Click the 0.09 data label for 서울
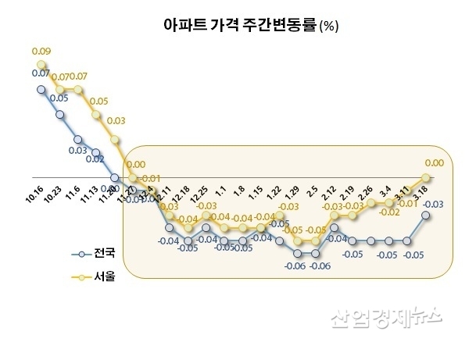[41, 52]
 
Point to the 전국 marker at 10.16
[41, 89]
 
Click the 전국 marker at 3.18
[426, 215]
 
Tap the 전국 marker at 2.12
[335, 228]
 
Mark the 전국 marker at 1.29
[297, 254]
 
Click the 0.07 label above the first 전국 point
[41, 73]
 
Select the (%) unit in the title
[328, 27]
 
